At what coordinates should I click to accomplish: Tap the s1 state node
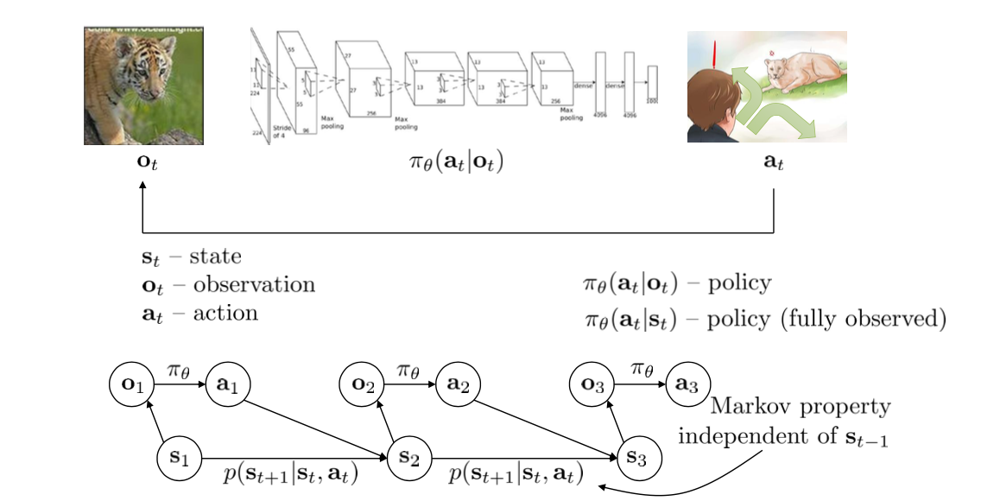click(x=180, y=456)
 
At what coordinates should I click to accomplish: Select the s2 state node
click(x=410, y=456)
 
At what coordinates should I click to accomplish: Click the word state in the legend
click(x=216, y=257)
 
